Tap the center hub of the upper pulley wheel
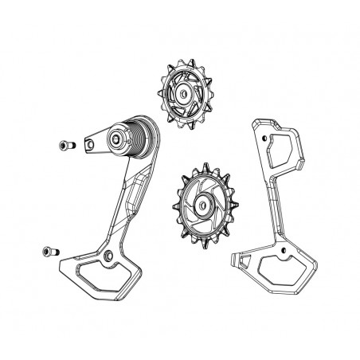pyautogui.click(x=185, y=94)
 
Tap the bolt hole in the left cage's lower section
pyautogui.click(x=107, y=256)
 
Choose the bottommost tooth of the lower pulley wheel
pyautogui.click(x=196, y=240)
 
